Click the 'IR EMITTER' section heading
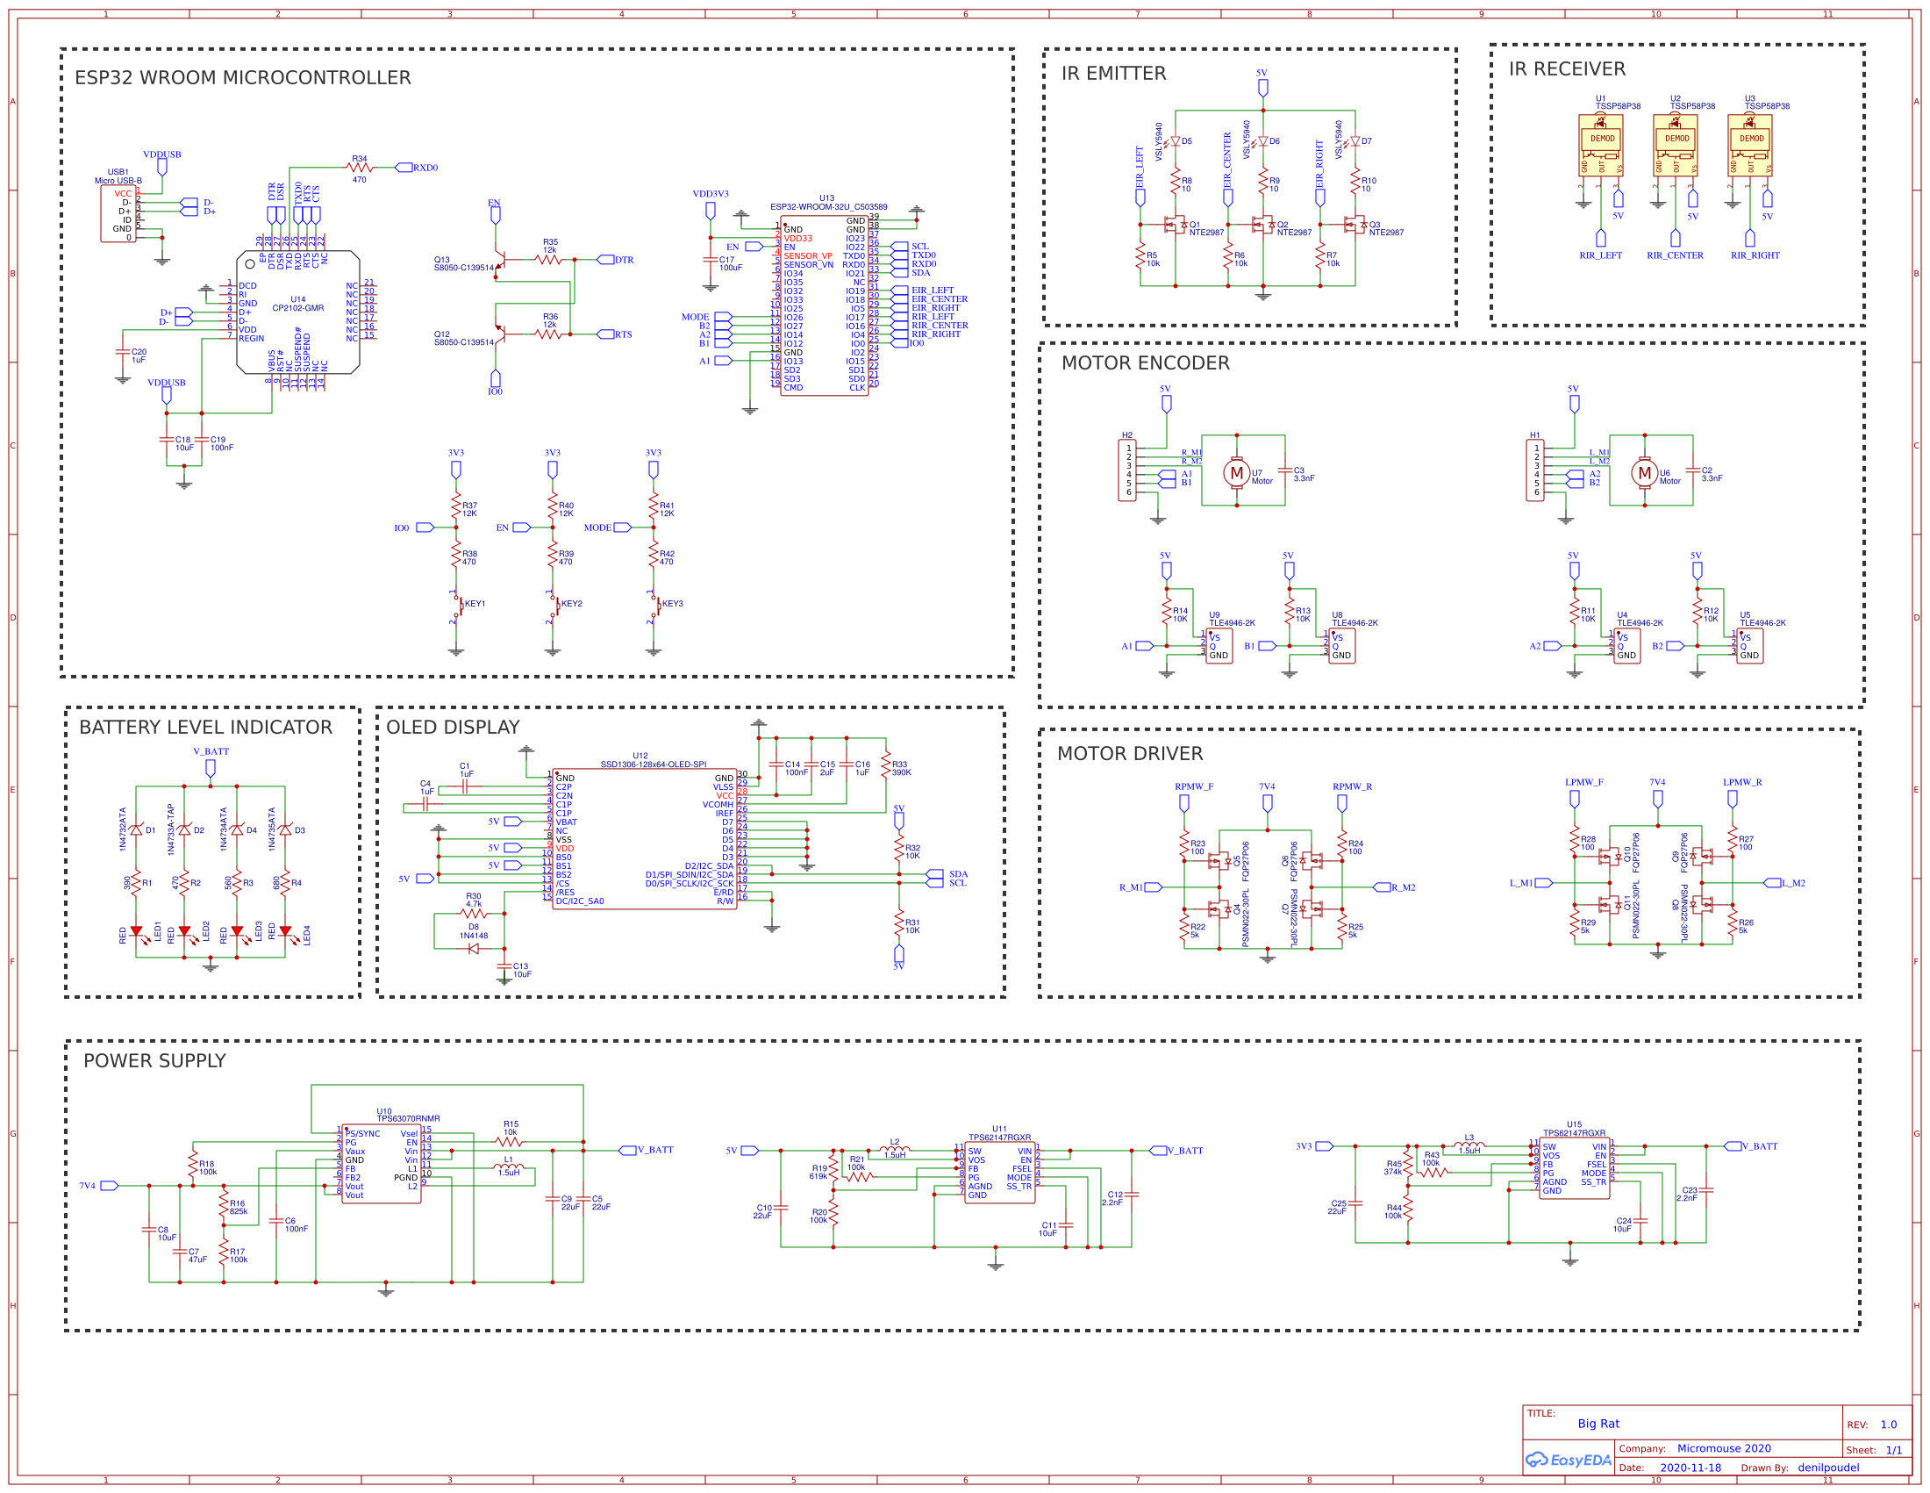click(1113, 74)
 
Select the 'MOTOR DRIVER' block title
click(1129, 753)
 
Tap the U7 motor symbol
click(1236, 473)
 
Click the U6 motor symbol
click(1644, 473)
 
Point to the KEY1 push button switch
click(458, 606)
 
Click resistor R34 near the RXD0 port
click(359, 167)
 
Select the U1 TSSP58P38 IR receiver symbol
click(1600, 146)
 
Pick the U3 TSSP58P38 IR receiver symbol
click(1750, 146)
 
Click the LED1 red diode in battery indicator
click(136, 931)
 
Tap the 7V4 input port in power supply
click(109, 1186)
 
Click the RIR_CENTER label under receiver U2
click(1674, 255)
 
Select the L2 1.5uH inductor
click(894, 1149)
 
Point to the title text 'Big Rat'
click(1598, 1423)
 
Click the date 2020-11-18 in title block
click(1690, 1468)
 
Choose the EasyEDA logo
click(1568, 1460)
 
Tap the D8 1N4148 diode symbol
click(473, 949)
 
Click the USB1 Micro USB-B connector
click(119, 212)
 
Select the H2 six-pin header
click(1127, 470)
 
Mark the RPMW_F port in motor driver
click(1183, 802)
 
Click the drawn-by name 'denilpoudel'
click(1827, 1468)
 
